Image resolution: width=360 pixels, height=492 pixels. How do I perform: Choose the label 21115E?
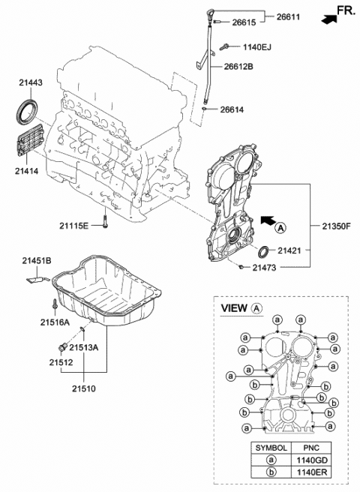[75, 225]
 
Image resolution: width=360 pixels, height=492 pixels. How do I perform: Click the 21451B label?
[36, 259]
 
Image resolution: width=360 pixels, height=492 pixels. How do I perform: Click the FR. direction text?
[344, 10]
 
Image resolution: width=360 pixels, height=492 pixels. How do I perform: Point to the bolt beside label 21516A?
[55, 305]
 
